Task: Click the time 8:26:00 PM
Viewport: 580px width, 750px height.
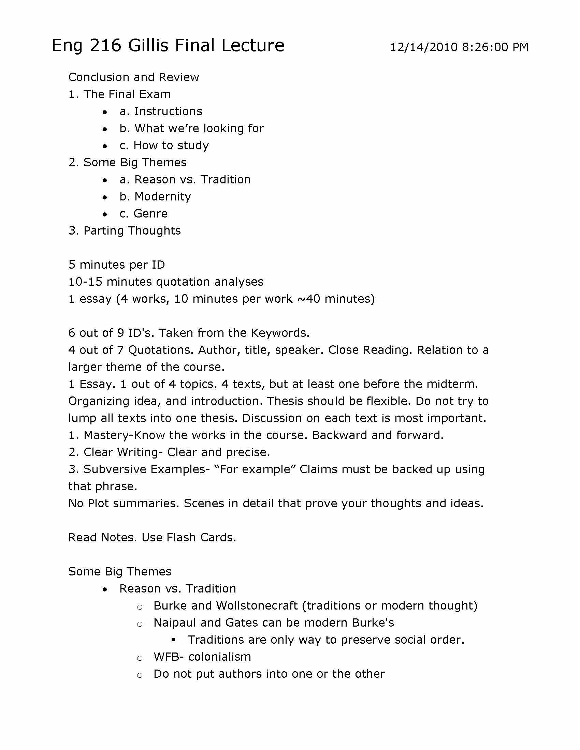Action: point(495,47)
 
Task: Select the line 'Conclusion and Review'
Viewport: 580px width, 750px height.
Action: point(134,77)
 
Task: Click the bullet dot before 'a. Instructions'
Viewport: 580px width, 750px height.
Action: point(105,112)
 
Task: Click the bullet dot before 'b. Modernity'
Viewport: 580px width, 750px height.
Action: point(105,197)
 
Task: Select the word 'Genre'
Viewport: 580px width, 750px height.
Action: point(150,214)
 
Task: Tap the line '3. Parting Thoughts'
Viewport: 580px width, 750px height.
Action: point(125,231)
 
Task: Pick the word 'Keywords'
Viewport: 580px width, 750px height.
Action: point(280,333)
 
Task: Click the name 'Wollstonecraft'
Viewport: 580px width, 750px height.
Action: point(257,605)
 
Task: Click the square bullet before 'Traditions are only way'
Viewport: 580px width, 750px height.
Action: point(173,640)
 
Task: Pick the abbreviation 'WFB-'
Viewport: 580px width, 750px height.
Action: point(169,657)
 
